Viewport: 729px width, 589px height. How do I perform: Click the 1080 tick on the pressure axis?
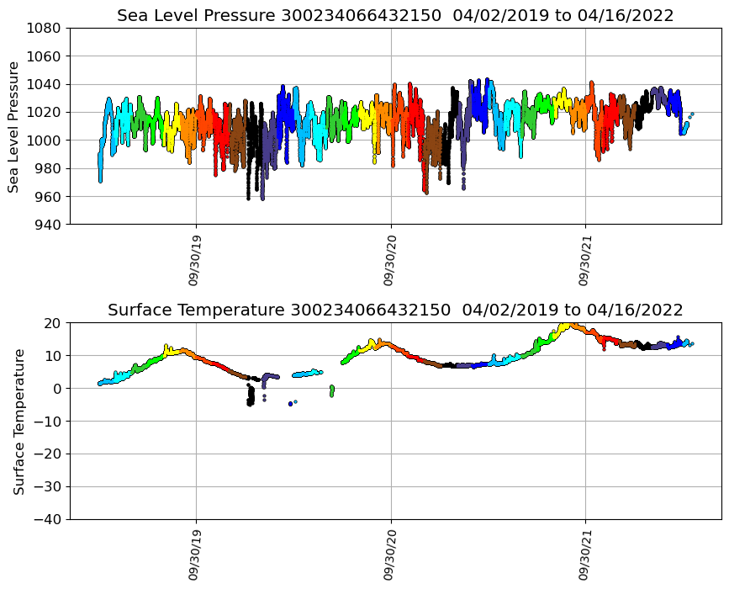[x=46, y=28]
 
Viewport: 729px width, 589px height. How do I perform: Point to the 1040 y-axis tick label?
[x=46, y=84]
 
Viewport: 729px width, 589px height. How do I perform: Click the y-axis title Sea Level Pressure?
[x=15, y=126]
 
